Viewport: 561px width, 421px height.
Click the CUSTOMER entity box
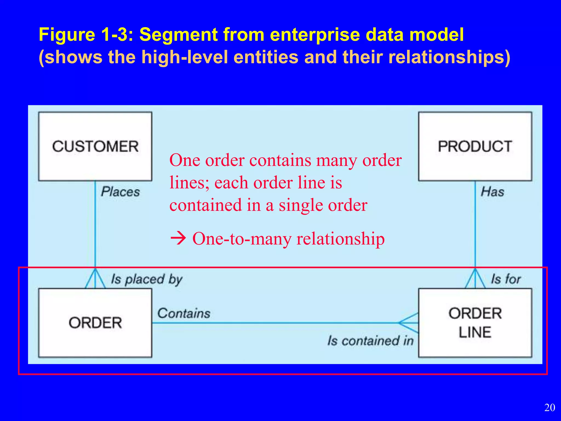tap(95, 146)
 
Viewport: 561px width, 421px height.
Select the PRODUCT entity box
tap(475, 146)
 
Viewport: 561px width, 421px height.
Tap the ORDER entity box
tap(95, 323)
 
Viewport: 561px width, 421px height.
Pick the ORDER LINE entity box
tap(475, 323)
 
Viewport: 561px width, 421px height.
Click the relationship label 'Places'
tap(120, 192)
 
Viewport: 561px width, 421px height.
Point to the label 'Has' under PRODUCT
tap(493, 192)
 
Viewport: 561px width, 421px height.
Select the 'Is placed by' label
tap(147, 280)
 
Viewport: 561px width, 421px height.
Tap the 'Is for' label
tap(506, 279)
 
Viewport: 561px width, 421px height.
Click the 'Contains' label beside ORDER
tap(184, 313)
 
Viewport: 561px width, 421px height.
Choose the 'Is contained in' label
tap(370, 341)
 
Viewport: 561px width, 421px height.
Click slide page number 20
tap(549, 408)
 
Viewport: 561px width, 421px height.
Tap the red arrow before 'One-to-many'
tap(178, 238)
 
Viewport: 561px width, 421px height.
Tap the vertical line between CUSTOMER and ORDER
tap(95, 225)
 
